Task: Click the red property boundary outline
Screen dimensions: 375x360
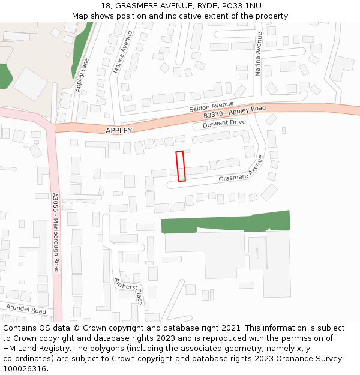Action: (181, 166)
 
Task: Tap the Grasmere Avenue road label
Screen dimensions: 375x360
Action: (241, 170)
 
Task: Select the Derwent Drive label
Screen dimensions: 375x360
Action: (225, 123)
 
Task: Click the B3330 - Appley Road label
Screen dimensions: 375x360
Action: (234, 112)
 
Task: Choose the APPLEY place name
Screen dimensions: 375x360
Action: (118, 130)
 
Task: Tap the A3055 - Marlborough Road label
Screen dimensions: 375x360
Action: (55, 233)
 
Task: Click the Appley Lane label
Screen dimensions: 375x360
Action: (83, 74)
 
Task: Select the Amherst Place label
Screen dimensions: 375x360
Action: (128, 290)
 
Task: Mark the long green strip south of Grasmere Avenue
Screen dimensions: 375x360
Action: (226, 222)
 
